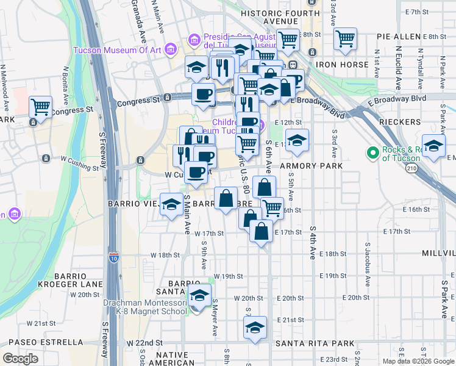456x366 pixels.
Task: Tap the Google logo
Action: coord(20,359)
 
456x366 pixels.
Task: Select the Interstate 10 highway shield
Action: coord(114,257)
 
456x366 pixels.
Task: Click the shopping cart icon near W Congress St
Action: coord(40,107)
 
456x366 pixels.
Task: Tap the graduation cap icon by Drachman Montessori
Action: coord(198,297)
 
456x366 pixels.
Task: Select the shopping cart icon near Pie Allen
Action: coord(346,39)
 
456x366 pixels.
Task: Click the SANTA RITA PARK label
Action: coord(315,343)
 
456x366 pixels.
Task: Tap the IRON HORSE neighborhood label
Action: coord(342,65)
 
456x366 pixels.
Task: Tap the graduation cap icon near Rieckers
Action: coord(433,147)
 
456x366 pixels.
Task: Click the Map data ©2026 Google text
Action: coord(418,361)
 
